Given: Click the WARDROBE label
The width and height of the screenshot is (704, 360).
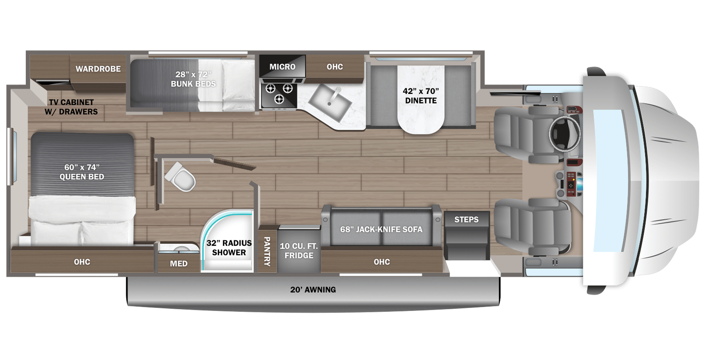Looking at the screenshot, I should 98,69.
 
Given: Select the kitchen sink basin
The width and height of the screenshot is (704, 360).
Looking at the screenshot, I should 330,101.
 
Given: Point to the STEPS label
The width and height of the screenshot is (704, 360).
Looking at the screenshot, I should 466,220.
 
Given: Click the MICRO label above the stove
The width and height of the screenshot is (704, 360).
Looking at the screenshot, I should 282,67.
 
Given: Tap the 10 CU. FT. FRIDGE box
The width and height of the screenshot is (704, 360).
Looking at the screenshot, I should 299,250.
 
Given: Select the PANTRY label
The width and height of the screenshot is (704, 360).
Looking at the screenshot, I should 267,251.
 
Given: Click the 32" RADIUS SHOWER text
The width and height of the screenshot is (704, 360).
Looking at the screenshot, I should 229,248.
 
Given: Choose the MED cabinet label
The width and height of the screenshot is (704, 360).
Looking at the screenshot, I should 179,264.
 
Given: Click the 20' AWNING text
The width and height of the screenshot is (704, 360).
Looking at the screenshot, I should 313,290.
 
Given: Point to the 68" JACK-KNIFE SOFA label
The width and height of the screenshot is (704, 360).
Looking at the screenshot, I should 381,229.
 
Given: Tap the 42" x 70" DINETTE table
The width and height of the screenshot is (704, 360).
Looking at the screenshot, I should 420,96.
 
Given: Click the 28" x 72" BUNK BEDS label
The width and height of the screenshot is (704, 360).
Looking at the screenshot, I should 193,79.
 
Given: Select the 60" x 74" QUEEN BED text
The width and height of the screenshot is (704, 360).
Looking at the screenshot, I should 82,172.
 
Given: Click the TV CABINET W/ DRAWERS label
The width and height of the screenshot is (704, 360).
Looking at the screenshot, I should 71,107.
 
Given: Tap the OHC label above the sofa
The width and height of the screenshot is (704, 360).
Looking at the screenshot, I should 381,262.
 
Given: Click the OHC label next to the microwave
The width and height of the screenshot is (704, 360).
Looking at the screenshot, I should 335,67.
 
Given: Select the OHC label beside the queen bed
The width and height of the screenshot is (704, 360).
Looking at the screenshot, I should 82,262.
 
